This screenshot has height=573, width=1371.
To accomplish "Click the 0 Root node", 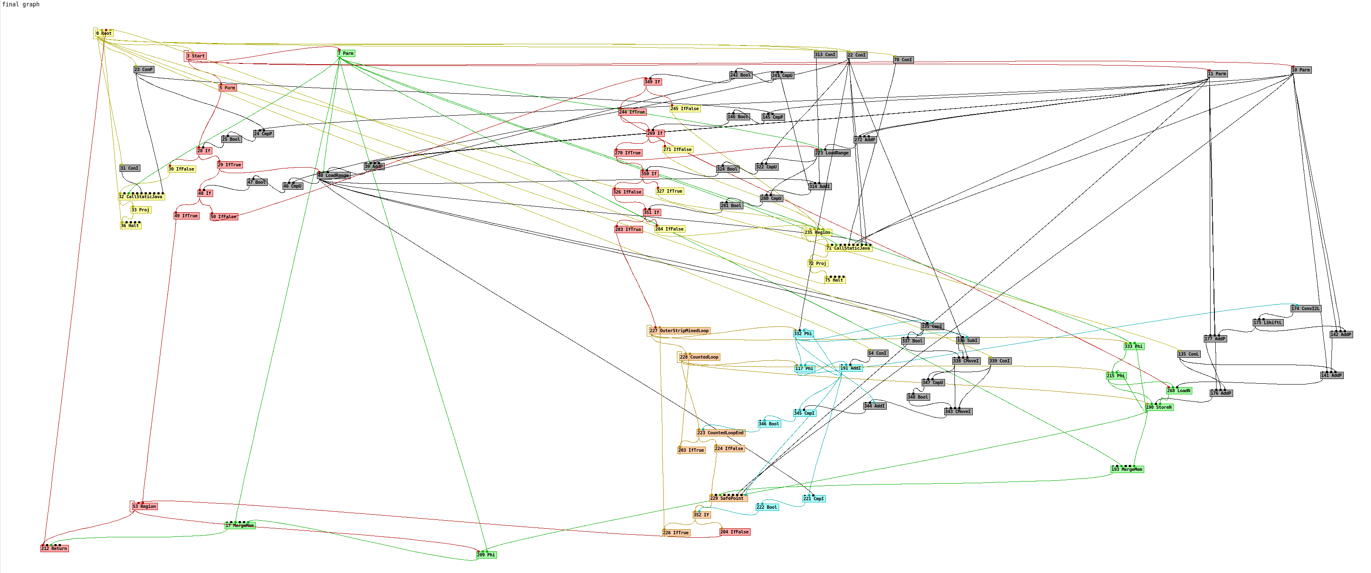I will tap(104, 34).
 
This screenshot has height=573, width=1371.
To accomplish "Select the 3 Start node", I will tap(196, 56).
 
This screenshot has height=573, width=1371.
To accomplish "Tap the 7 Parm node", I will tap(346, 53).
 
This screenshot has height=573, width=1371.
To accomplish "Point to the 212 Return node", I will tap(54, 548).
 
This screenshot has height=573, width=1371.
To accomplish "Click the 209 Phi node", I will tap(486, 555).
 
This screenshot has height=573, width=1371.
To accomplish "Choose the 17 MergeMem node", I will tap(240, 526).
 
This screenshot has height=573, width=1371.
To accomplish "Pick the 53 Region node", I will tap(144, 507).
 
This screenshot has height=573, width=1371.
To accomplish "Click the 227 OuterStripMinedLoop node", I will tap(679, 331).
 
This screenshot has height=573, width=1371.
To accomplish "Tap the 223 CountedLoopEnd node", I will tap(721, 433).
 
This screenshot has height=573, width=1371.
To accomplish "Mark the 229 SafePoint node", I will tap(728, 499).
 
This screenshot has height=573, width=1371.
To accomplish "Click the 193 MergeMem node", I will tap(1127, 469).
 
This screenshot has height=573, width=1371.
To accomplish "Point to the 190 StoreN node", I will tap(1159, 408).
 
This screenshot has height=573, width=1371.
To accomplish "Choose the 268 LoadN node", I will tap(1178, 391).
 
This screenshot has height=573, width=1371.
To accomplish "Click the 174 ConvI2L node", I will tap(1305, 308).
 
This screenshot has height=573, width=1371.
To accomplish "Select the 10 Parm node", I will tap(1301, 70).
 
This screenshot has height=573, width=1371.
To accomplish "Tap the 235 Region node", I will tap(817, 233).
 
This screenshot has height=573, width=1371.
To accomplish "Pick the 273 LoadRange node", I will tap(832, 153).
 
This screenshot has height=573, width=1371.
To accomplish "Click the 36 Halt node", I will tap(130, 225).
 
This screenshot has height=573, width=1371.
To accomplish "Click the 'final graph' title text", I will tap(21, 4).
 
